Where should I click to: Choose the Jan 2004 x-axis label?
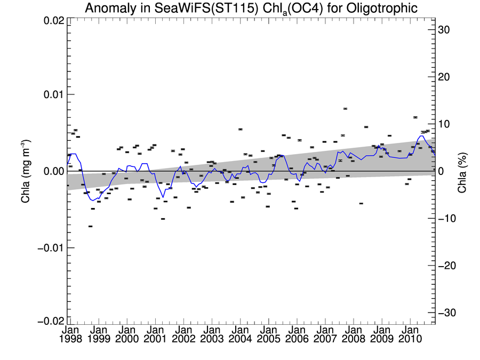[x=239, y=335]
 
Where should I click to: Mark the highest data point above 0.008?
[x=346, y=109]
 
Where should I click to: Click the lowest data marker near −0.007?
[x=91, y=227]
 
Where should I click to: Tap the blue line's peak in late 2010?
[x=421, y=136]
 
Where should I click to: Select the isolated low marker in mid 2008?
[x=361, y=204]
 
